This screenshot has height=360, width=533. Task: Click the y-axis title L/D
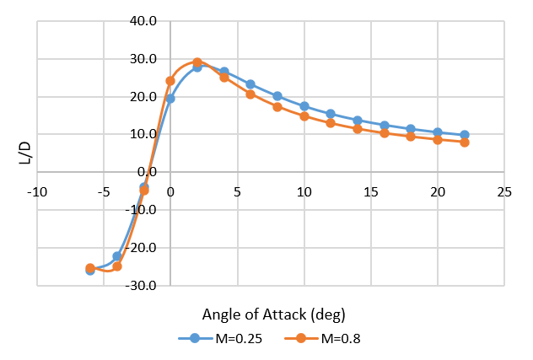click(x=24, y=153)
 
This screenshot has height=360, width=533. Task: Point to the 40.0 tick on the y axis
click(x=144, y=21)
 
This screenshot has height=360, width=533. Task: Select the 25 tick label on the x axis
click(x=504, y=192)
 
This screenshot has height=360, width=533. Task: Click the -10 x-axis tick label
click(x=36, y=192)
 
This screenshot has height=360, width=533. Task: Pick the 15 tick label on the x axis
click(x=370, y=192)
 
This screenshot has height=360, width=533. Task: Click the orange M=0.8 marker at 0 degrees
click(x=170, y=81)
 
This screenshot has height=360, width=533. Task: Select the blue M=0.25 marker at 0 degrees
click(x=170, y=99)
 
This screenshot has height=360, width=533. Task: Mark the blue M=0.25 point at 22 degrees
click(x=465, y=135)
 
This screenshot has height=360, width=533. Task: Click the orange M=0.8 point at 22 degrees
click(x=465, y=142)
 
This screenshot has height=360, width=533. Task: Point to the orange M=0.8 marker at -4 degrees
click(x=117, y=266)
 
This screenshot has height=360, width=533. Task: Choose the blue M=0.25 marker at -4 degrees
click(x=117, y=256)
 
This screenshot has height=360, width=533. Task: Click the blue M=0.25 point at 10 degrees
click(x=304, y=106)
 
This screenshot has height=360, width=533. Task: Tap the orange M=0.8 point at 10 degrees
click(x=304, y=116)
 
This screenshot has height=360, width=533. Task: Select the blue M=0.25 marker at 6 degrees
click(x=250, y=84)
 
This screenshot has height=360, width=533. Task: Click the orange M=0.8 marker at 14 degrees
click(x=358, y=129)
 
